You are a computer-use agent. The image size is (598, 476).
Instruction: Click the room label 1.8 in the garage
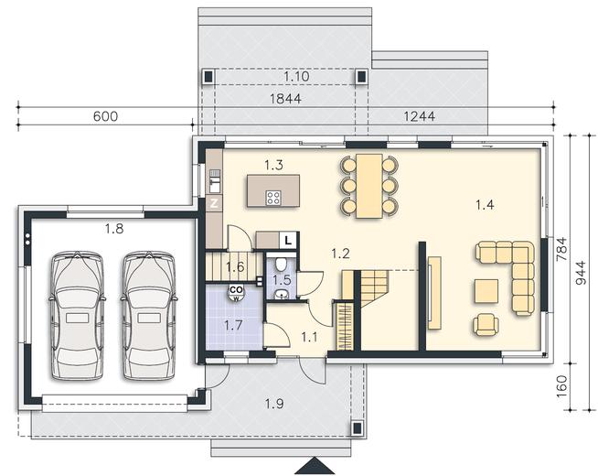[x=114, y=229]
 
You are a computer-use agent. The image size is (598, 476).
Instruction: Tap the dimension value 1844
[x=285, y=99]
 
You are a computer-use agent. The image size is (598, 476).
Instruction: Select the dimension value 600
[x=106, y=116]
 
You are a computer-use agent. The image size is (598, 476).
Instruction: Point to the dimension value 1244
[x=419, y=116]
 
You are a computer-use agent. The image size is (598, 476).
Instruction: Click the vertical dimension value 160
[x=562, y=386]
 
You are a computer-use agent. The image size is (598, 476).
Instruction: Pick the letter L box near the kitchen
[x=289, y=241]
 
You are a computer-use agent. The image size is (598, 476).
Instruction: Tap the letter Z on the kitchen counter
[x=214, y=203]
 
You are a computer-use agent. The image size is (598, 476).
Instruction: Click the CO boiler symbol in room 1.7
[x=237, y=292]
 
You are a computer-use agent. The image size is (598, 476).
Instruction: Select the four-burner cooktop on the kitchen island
[x=273, y=198]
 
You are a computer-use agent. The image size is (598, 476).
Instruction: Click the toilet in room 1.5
[x=282, y=264]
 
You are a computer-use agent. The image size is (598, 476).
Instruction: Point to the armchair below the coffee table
[x=486, y=324]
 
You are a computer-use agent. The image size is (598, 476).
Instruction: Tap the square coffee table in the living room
[x=486, y=291]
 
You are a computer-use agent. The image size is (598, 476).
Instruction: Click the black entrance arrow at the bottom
[x=315, y=466]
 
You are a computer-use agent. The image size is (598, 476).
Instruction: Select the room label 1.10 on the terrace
[x=296, y=76]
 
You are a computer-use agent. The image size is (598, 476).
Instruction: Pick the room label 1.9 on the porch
[x=274, y=404]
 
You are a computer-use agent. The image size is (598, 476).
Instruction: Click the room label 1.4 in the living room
[x=485, y=205]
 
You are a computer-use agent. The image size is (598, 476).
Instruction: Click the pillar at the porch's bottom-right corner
[x=357, y=427]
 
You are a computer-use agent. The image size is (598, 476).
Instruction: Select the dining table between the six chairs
[x=369, y=186]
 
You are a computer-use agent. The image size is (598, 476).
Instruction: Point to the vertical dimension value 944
[x=580, y=273]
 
